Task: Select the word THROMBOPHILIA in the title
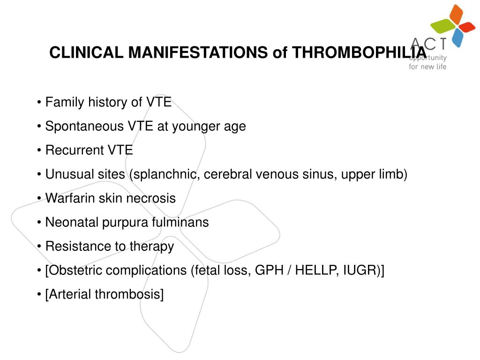click(x=359, y=52)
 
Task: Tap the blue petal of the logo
click(x=457, y=38)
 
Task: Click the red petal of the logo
click(x=468, y=27)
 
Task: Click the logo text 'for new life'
click(x=427, y=67)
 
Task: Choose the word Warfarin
click(x=70, y=198)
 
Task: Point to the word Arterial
click(x=70, y=294)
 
